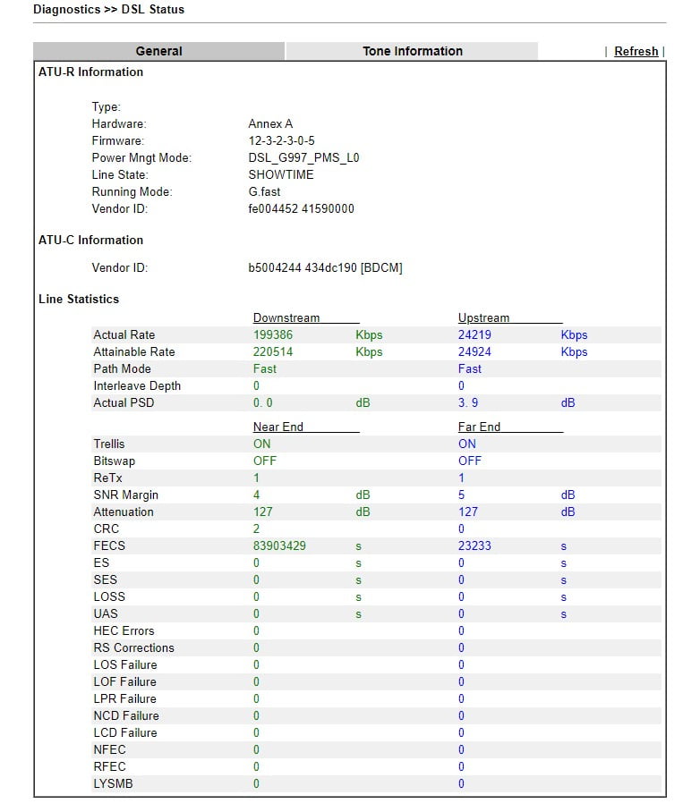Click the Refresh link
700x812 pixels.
(636, 52)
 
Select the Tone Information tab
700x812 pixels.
(412, 52)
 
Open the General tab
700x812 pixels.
(158, 52)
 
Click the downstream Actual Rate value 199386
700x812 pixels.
(273, 335)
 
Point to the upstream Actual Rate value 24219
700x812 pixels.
(474, 335)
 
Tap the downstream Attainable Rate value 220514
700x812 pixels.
(273, 352)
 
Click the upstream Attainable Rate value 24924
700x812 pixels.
(474, 352)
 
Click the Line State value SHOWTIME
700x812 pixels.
(281, 175)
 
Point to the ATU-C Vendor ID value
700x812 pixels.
(325, 268)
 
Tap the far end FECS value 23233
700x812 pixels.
(474, 546)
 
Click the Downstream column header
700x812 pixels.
(286, 318)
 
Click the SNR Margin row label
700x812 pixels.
(125, 495)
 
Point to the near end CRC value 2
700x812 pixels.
(256, 529)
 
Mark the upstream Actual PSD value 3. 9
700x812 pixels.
(468, 403)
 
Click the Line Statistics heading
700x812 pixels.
(79, 300)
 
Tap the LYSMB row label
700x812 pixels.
(113, 784)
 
